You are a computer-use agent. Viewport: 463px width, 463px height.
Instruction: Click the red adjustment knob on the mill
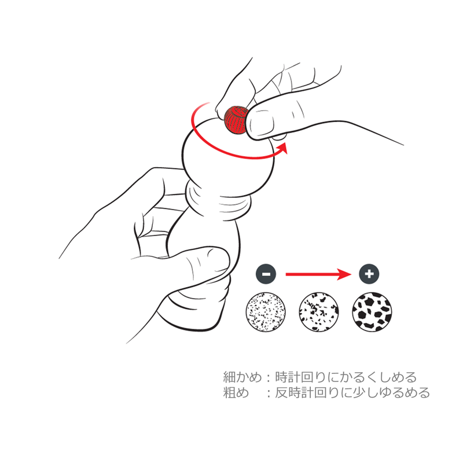point(236,120)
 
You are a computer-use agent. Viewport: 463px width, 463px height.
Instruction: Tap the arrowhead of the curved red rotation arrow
point(282,148)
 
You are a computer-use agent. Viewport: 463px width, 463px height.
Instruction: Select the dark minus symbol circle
point(266,274)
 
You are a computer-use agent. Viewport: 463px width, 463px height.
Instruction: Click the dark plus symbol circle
point(369,274)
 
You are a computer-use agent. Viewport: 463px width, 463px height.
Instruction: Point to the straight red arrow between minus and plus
point(318,274)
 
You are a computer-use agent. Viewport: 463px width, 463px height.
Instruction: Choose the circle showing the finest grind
point(266,312)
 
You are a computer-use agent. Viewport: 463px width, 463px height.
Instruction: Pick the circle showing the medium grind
point(319,312)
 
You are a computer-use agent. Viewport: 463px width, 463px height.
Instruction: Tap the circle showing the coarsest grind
point(372,312)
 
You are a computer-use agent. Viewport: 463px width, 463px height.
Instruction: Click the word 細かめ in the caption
point(242,377)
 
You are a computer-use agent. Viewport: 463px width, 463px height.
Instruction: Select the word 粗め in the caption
point(236,393)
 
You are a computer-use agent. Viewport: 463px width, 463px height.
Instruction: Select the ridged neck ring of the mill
point(219,201)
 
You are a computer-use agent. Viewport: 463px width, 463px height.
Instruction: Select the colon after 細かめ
point(269,378)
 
